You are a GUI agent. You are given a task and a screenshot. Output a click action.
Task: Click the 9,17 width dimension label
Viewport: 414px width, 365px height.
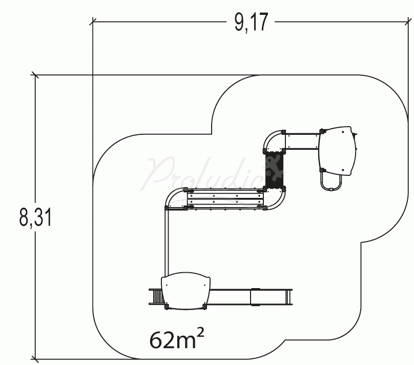[251, 23]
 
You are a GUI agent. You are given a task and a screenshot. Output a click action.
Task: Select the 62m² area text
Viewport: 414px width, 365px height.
[174, 338]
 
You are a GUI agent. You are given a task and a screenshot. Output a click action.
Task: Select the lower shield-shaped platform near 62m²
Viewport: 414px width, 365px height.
[185, 291]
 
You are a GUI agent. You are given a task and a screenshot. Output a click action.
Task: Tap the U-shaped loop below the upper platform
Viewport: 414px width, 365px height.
[331, 182]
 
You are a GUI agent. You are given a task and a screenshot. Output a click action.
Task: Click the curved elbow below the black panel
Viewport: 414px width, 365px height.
[277, 198]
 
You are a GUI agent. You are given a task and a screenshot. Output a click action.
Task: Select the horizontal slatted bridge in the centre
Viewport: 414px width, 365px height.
[225, 199]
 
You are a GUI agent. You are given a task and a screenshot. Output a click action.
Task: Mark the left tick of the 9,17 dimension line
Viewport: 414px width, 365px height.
[93, 22]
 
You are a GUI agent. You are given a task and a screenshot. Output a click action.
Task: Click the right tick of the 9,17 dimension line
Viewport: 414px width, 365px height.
[410, 22]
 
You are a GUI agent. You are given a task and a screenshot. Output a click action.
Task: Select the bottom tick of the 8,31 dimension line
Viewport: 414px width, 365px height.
[35, 359]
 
